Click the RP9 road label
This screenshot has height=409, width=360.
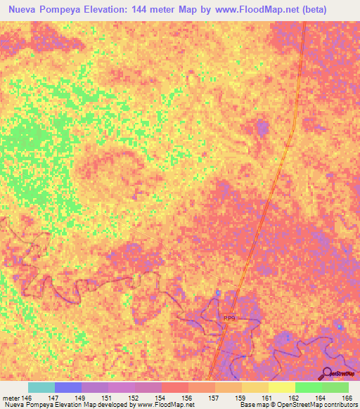229,318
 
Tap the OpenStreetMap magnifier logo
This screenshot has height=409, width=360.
327,372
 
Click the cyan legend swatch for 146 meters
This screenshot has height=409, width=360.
41,387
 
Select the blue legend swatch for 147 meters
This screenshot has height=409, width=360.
68,387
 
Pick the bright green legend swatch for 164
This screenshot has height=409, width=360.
309,387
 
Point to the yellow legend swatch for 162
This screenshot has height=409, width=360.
282,387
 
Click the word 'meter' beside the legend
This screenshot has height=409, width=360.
11,397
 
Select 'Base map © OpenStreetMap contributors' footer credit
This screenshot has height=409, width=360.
297,405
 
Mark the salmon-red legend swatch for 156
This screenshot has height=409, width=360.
175,387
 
